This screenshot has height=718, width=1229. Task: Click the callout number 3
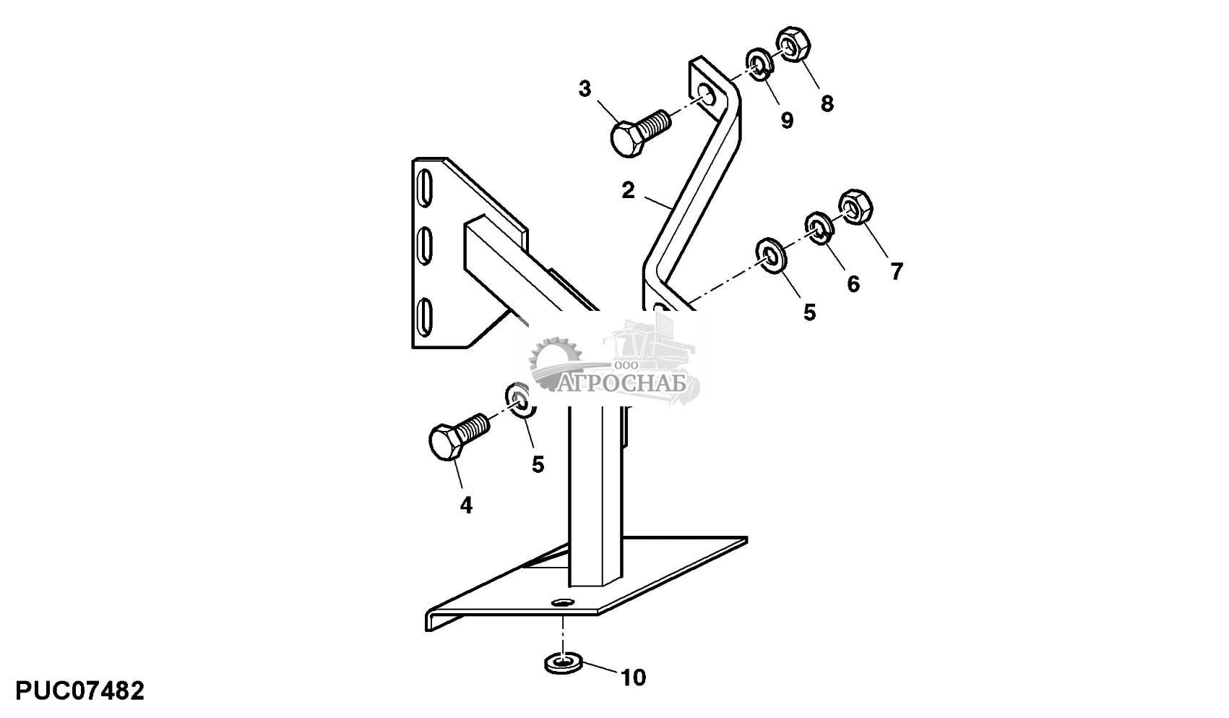tap(585, 89)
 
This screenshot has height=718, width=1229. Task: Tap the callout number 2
tap(628, 191)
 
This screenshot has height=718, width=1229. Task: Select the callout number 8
tap(827, 103)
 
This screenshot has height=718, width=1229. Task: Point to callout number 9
tap(787, 121)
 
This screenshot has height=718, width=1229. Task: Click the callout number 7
tap(897, 272)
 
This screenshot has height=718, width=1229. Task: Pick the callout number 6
tap(853, 284)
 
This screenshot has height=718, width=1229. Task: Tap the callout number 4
tap(466, 505)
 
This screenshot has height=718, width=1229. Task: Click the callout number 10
tap(633, 678)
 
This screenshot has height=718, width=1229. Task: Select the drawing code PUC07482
tap(79, 691)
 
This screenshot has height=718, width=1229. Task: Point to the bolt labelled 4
tap(458, 437)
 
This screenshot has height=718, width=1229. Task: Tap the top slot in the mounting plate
tap(425, 188)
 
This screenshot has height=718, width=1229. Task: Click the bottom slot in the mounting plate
tap(426, 316)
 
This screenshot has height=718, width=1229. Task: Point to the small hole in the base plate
tap(561, 603)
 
